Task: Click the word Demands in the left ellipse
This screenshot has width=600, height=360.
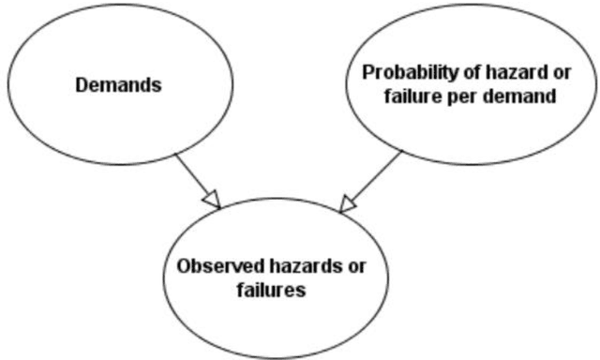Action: pos(119,85)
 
